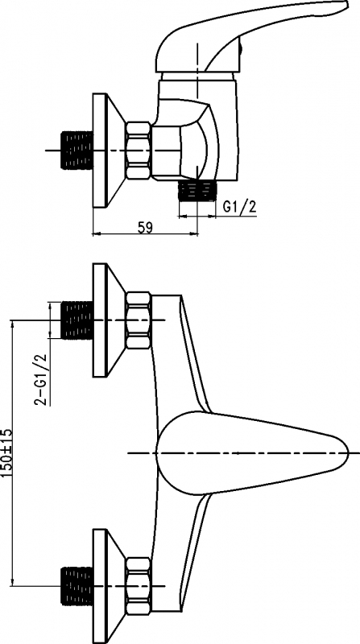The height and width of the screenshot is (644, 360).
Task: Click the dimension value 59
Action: click(x=145, y=227)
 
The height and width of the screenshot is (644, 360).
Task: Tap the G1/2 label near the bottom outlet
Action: click(x=239, y=207)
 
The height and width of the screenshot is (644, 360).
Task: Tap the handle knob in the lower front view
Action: click(x=251, y=452)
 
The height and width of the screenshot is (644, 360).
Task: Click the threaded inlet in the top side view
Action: click(x=77, y=151)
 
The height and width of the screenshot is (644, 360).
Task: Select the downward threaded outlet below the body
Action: click(x=197, y=191)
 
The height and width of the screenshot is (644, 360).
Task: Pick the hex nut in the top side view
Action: click(x=138, y=151)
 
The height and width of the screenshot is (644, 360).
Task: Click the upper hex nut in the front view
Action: click(x=138, y=320)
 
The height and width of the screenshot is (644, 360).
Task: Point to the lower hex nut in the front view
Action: click(x=138, y=586)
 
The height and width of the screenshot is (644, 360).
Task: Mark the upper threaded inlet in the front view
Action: click(x=77, y=320)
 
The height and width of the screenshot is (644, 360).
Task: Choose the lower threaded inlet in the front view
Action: click(x=77, y=586)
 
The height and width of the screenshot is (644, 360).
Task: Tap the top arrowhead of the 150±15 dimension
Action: click(x=12, y=324)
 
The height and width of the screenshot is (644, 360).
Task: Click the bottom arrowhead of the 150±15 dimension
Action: click(x=12, y=581)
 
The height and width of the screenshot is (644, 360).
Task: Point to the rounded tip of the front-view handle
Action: click(x=349, y=452)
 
